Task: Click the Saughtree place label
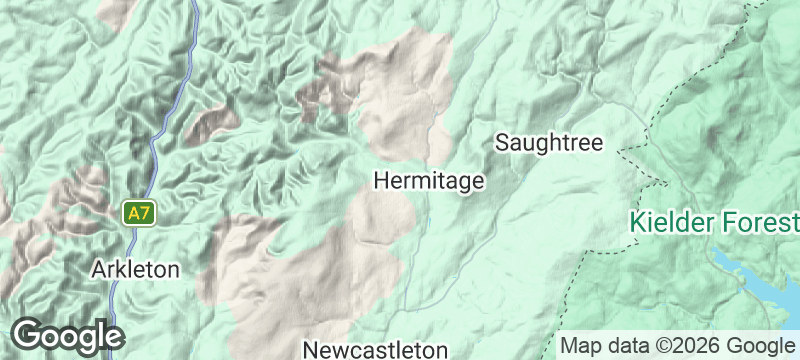point(549,143)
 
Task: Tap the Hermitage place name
point(429,181)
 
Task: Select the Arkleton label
point(135,269)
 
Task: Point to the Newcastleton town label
point(374,350)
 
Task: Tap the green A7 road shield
point(139,213)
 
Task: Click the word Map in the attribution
point(582,345)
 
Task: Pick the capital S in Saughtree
point(503,143)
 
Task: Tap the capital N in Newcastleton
point(309,350)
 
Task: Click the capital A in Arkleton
point(98,269)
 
